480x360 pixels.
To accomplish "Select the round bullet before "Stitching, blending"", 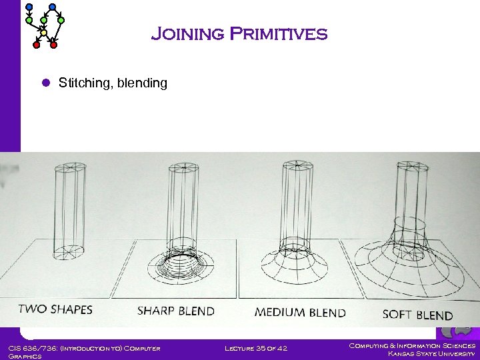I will coord(46,83).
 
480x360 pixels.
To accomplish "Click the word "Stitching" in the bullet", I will coord(83,83).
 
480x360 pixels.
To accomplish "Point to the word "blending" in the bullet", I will coord(142,83).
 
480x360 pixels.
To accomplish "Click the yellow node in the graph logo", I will coord(43,32).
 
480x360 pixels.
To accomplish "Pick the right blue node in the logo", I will coord(52,7).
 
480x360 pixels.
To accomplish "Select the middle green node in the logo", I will coord(44,21).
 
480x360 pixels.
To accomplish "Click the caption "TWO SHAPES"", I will coord(55,309).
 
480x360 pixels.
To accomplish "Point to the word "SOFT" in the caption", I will coord(398,315).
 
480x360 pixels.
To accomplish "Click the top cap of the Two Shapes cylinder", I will coord(70,167).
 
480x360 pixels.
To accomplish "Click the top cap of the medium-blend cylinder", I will coord(295,165).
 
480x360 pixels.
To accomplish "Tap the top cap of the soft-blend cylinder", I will coord(411,167).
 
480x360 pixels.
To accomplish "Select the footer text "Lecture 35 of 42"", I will coord(256,348).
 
